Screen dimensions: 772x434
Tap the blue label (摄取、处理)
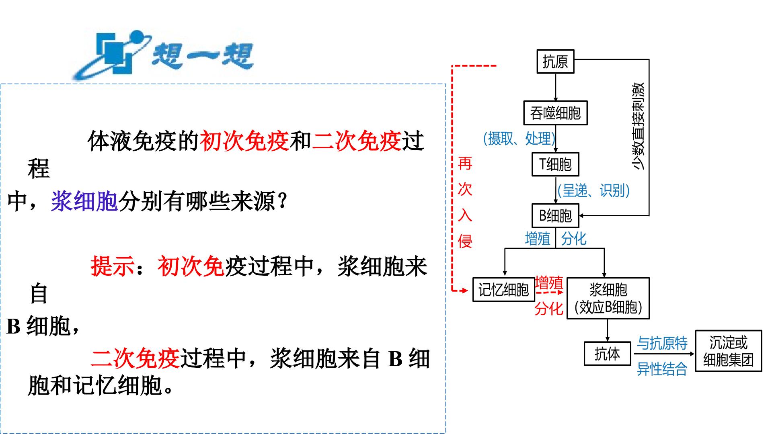[x=519, y=138]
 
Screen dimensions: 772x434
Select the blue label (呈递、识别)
[x=593, y=190]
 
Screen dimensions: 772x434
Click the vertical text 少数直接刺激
[x=639, y=126]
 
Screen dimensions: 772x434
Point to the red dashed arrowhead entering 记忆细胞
[x=466, y=290]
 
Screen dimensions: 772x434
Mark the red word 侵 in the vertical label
[x=465, y=241]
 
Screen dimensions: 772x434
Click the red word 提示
[x=113, y=266]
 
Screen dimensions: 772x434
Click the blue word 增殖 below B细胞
[x=538, y=239]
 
